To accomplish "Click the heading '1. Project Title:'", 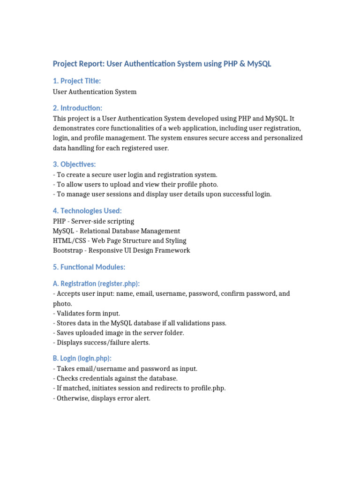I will click(76, 81).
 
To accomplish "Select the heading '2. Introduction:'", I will click(77, 108).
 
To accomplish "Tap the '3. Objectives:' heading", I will click(74, 164).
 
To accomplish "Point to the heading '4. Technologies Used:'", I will click(87, 211).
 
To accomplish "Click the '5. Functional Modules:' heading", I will click(89, 267).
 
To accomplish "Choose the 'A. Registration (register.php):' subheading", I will click(96, 284).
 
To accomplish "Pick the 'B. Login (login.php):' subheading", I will click(82, 359).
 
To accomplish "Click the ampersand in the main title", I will click(242, 64).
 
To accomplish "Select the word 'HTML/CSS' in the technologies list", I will click(68, 240).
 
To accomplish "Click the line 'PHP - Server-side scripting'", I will click(93, 221).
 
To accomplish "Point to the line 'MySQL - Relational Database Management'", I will click(116, 231).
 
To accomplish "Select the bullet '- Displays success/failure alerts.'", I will click(101, 343).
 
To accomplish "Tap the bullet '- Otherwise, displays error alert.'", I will click(101, 399).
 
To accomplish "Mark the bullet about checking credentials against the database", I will click(115, 378).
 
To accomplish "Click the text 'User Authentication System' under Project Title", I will click(95, 92).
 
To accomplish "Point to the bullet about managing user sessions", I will click(162, 194).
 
